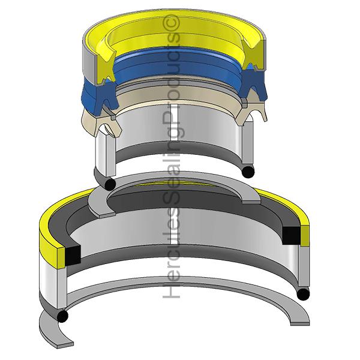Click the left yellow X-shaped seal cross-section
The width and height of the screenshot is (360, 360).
pos(104,67)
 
